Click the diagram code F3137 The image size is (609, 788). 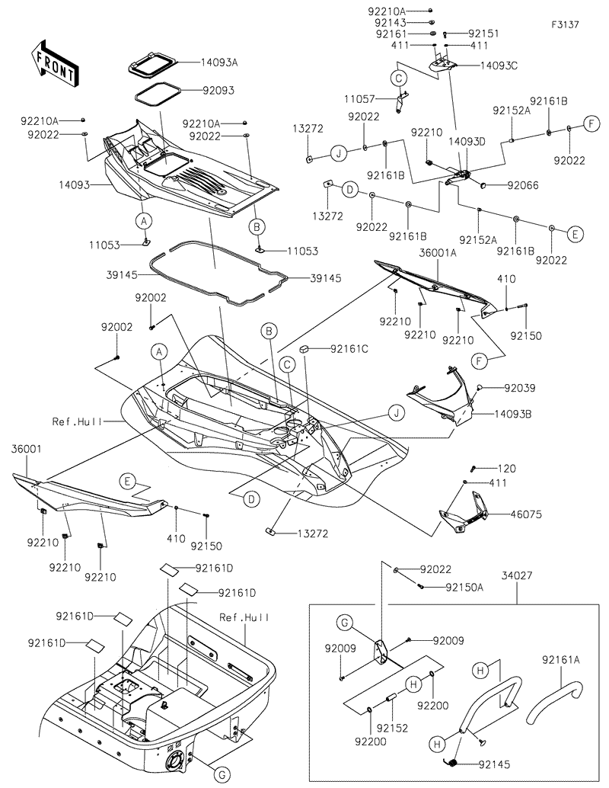pyautogui.click(x=566, y=24)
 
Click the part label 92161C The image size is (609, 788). pyautogui.click(x=349, y=349)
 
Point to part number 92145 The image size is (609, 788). pyautogui.click(x=496, y=764)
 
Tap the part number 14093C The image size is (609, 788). pyautogui.click(x=499, y=66)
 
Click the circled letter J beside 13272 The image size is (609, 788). pyautogui.click(x=340, y=154)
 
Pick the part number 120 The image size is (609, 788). pyautogui.click(x=507, y=467)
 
